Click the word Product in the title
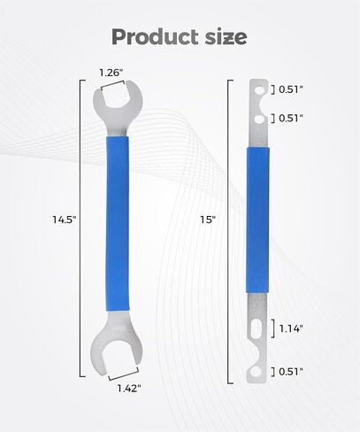(x=155, y=37)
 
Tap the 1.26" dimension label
(x=111, y=73)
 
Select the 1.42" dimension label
(x=129, y=389)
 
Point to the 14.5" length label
(x=65, y=220)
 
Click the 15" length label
(x=208, y=220)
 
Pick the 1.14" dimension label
(x=291, y=328)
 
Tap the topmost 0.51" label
(x=291, y=89)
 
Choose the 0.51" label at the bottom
(x=291, y=372)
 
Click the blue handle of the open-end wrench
(x=118, y=223)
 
